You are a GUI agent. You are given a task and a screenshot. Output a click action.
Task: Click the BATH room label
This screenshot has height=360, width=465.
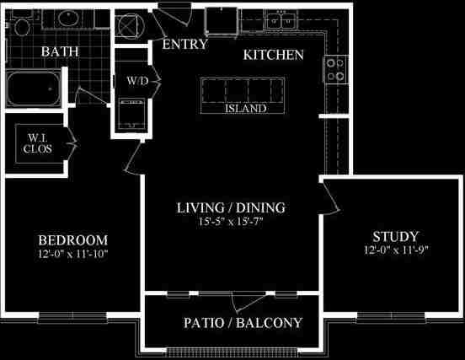[61, 51]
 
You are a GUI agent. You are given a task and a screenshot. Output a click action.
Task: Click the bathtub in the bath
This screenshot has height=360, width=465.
[34, 87]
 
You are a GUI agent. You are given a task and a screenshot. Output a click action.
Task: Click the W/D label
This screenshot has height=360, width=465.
[136, 82]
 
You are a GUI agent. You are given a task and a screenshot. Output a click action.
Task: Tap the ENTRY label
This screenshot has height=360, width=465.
[185, 44]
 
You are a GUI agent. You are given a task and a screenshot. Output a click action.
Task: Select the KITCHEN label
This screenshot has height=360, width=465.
[273, 56]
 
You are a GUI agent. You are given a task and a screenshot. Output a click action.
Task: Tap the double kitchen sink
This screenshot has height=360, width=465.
[280, 21]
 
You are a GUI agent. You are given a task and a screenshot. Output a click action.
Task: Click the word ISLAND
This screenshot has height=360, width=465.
[248, 109]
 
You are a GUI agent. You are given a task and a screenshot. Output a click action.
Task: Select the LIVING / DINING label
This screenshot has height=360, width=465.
[231, 207]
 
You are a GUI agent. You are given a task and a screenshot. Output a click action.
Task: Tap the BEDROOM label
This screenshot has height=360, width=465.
[72, 238]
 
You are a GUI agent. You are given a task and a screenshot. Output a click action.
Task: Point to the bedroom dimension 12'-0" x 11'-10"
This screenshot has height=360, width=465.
[72, 253]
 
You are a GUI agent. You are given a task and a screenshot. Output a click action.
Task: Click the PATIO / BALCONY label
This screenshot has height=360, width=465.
[242, 323]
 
